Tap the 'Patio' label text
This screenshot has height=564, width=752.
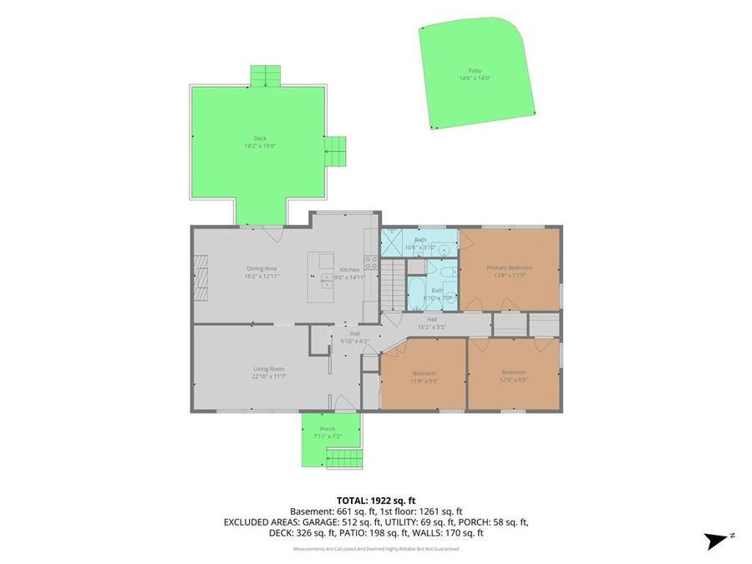click(x=475, y=71)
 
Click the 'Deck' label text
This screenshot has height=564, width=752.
click(x=260, y=139)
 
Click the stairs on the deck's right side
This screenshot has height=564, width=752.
click(x=334, y=151)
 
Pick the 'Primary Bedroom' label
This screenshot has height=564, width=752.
click(x=510, y=267)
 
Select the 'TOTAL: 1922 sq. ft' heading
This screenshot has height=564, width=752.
click(x=375, y=500)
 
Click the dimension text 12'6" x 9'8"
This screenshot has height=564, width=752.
click(x=514, y=379)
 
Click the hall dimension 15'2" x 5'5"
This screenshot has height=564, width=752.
click(x=432, y=327)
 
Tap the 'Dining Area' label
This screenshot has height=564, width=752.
click(x=262, y=268)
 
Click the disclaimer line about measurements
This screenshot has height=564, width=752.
click(x=375, y=549)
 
